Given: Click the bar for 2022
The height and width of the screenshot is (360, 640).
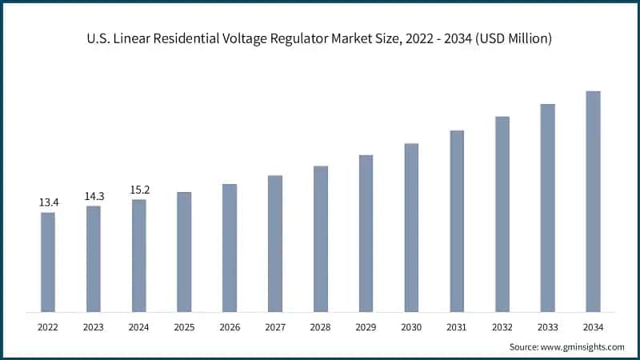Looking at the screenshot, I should [48, 262].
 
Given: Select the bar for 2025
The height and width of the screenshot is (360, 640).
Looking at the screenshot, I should [184, 251].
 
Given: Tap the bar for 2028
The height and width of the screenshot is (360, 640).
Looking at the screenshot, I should [320, 238].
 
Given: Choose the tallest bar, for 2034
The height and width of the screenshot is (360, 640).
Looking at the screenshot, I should [593, 201].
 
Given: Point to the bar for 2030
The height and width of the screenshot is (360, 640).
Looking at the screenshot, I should [411, 227].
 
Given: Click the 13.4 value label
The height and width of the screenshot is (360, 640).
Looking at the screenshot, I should [48, 202].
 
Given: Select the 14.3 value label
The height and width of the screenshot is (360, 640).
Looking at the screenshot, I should [94, 196].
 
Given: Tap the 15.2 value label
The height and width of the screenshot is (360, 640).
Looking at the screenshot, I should [139, 190].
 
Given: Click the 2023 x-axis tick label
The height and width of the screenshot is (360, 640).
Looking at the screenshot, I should [94, 327].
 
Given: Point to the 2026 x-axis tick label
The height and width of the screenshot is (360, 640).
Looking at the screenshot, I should [230, 327].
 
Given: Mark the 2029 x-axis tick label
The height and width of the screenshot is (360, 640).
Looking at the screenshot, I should [366, 327].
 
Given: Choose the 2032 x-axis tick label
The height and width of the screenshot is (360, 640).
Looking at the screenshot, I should [502, 327].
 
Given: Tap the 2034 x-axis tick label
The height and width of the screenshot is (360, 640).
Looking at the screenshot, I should [593, 327].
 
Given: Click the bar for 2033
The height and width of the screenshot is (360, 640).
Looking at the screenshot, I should [547, 207].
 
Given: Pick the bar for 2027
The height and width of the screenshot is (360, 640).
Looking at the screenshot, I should [275, 243].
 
